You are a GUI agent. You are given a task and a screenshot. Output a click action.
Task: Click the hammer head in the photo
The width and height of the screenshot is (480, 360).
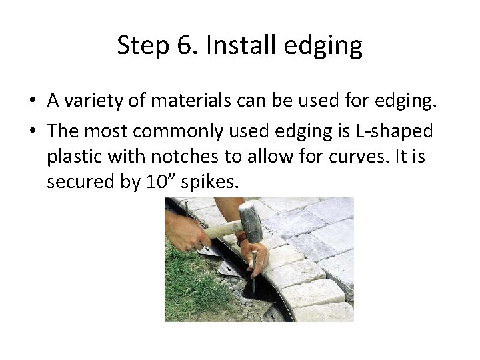(x=250, y=223)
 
